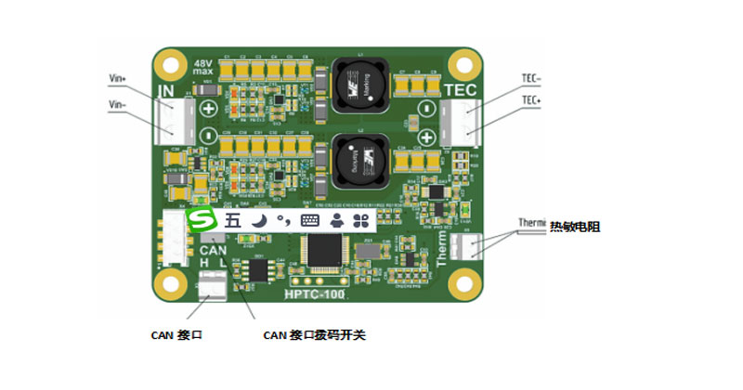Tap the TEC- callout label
531,80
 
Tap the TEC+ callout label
531,99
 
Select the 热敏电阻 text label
576,226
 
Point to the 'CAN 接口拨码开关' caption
315,334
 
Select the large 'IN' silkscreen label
166,91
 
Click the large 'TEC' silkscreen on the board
461,90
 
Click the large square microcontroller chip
324,252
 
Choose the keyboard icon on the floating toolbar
309,221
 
